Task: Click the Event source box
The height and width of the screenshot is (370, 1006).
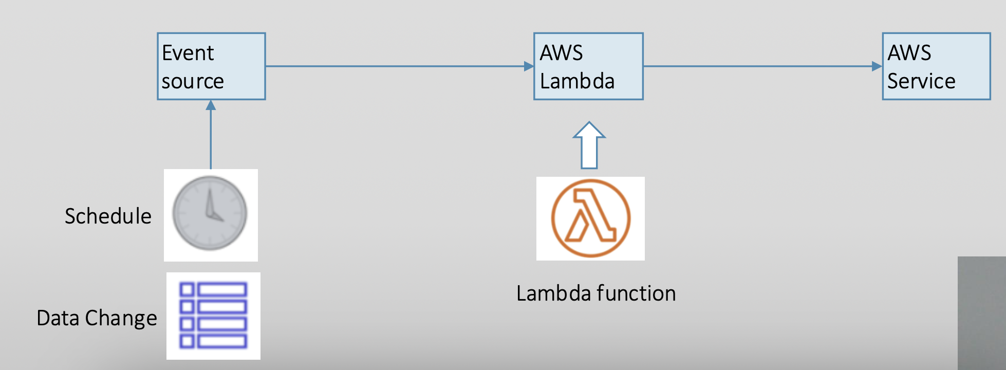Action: [x=211, y=66]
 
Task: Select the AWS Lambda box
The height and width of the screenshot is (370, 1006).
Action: [x=588, y=66]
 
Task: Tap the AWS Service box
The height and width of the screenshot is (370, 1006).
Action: [x=936, y=66]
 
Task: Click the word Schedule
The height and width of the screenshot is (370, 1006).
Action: [x=108, y=216]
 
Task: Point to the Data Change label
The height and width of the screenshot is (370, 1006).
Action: [x=97, y=318]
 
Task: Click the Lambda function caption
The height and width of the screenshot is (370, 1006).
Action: [x=596, y=293]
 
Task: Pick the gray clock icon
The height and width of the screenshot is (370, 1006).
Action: [x=210, y=214]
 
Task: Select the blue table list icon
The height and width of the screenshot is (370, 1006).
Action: [x=213, y=315]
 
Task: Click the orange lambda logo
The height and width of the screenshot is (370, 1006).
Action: [x=591, y=218]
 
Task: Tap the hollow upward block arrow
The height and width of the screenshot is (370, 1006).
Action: [x=589, y=145]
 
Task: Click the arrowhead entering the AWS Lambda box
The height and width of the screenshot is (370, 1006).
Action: [x=529, y=66]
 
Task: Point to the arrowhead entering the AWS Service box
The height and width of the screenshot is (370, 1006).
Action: [x=877, y=66]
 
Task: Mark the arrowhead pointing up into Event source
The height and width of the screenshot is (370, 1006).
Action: [x=211, y=105]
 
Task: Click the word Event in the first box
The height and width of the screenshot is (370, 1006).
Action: [x=188, y=53]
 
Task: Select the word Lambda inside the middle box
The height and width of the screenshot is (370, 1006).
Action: [x=577, y=81]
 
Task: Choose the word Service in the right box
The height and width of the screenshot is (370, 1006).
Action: [x=921, y=81]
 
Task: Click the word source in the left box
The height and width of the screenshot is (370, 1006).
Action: [x=193, y=81]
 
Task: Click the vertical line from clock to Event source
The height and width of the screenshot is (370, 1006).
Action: [x=211, y=139]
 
